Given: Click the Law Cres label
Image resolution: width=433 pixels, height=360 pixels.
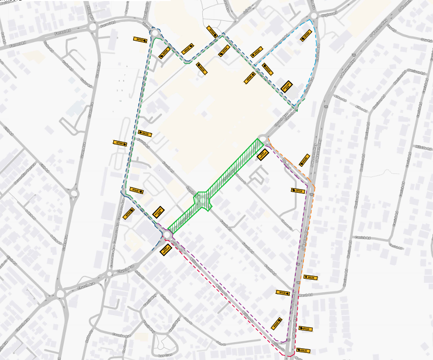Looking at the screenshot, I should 164,355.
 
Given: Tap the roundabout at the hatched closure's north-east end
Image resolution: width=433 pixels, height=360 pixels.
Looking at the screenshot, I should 263,138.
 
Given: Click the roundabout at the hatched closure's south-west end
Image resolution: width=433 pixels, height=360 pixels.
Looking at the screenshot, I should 167,233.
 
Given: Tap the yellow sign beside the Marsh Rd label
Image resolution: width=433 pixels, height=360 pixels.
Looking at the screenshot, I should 283,293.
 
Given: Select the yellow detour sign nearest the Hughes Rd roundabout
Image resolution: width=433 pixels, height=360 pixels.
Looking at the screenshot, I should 305,36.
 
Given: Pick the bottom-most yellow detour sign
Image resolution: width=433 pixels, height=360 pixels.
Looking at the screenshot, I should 303,350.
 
